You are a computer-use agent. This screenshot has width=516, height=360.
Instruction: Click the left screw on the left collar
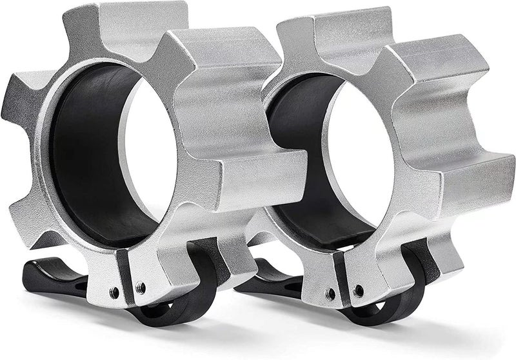point(115,292)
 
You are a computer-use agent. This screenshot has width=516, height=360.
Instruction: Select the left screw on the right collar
point(331,294)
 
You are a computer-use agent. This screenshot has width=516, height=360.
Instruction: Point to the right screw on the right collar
point(358,290)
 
